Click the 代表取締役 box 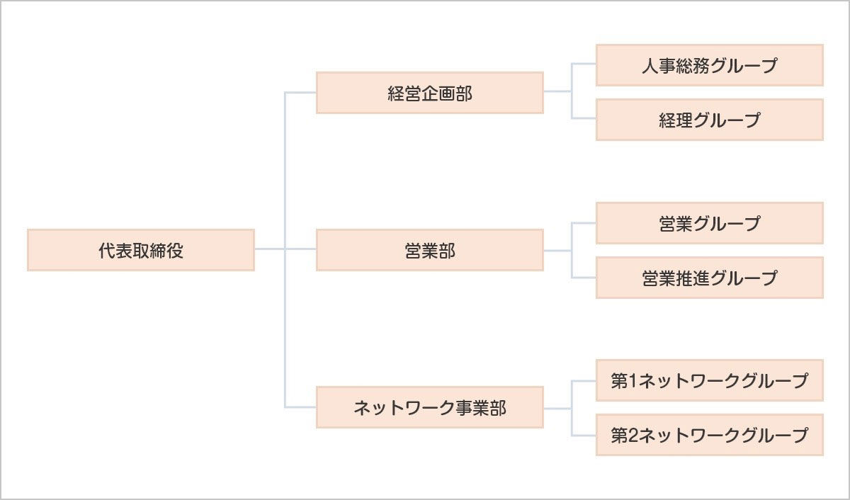pyautogui.click(x=140, y=250)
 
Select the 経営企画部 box pyautogui.click(x=429, y=93)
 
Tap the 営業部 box pyautogui.click(x=429, y=250)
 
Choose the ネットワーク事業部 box pyautogui.click(x=429, y=407)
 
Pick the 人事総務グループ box pyautogui.click(x=709, y=65)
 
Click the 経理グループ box pyautogui.click(x=709, y=120)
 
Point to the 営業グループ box pyautogui.click(x=709, y=223)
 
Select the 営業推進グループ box pyautogui.click(x=709, y=277)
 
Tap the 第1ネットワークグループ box pyautogui.click(x=709, y=380)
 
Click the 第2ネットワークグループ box pyautogui.click(x=709, y=435)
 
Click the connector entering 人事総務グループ pyautogui.click(x=584, y=64)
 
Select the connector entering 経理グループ pyautogui.click(x=584, y=118)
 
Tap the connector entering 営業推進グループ pyautogui.click(x=584, y=276)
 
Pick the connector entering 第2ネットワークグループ pyautogui.click(x=584, y=434)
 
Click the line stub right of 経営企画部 pyautogui.click(x=557, y=91)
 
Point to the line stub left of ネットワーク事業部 pyautogui.click(x=300, y=407)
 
